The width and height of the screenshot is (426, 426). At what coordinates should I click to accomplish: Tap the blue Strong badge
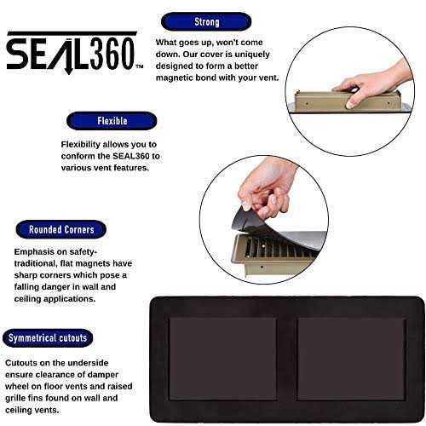(206, 22)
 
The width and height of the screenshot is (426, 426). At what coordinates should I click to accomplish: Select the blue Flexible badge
(112, 120)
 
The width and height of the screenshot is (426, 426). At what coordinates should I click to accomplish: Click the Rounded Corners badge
(60, 230)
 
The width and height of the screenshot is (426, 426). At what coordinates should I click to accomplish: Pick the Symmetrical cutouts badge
(48, 337)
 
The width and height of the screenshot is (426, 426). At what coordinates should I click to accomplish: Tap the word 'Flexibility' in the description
(85, 144)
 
